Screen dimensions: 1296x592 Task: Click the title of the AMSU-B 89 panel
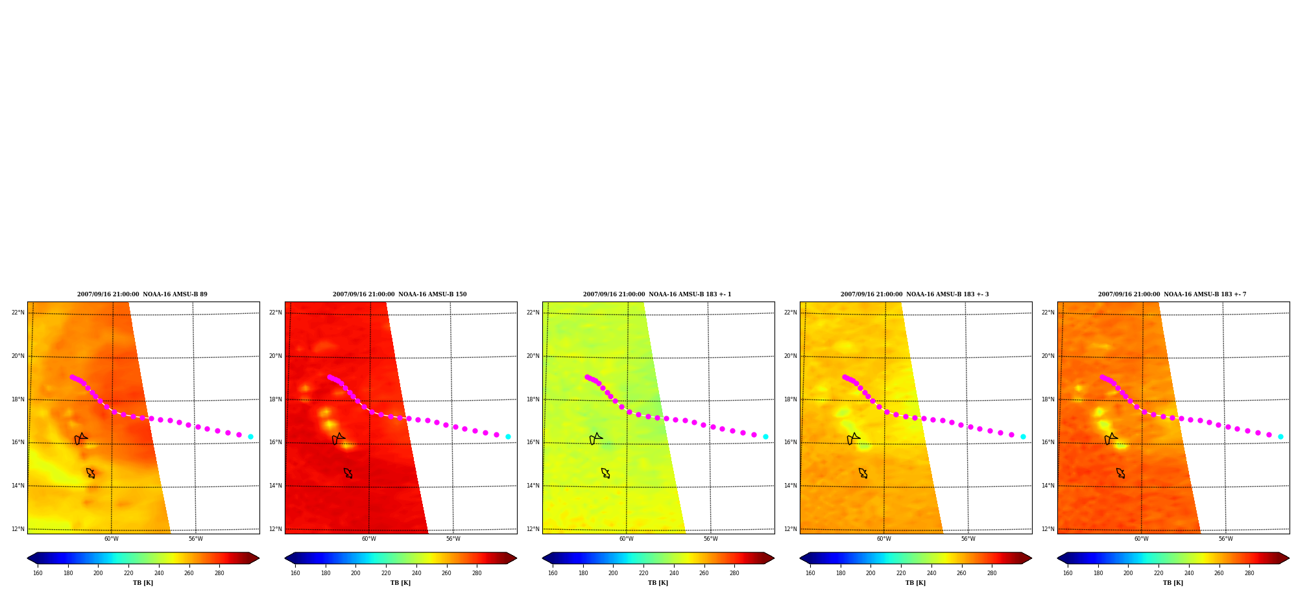(x=142, y=294)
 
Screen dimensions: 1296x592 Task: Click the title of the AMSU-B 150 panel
(x=400, y=294)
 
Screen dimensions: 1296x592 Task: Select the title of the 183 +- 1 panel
(x=657, y=294)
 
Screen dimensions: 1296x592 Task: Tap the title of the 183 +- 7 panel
(x=1172, y=294)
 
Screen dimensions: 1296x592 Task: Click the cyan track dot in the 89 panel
(x=250, y=436)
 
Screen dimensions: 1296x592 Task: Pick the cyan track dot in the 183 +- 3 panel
(x=1023, y=436)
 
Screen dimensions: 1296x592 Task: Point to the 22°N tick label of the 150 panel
(x=276, y=313)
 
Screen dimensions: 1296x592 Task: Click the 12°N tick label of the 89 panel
(x=18, y=529)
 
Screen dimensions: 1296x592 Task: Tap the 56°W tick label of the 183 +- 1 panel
(x=711, y=539)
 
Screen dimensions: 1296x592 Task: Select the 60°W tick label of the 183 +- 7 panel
(x=1142, y=539)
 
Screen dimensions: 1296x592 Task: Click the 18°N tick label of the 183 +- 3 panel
(x=791, y=399)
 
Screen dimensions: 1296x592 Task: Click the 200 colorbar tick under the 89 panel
(x=98, y=573)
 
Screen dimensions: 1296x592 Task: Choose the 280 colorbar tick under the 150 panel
(x=477, y=573)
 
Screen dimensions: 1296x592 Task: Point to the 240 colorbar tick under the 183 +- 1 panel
(x=674, y=573)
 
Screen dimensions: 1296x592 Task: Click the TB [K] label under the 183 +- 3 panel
(x=915, y=583)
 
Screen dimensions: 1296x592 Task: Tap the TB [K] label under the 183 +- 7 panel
(x=1173, y=583)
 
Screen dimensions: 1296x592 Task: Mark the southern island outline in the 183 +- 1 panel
(x=605, y=473)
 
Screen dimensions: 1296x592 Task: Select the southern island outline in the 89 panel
(x=90, y=473)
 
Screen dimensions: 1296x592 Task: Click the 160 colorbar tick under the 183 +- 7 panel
(x=1068, y=573)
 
